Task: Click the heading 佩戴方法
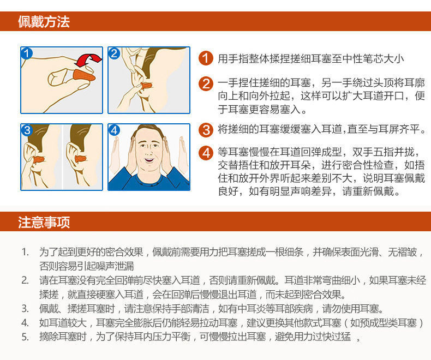tap(44, 21)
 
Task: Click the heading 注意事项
tap(44, 222)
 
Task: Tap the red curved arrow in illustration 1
tap(88, 60)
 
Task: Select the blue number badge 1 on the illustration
tap(27, 53)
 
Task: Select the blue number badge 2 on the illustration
tap(114, 53)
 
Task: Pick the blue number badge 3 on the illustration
tap(27, 130)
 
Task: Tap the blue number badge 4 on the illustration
tap(114, 130)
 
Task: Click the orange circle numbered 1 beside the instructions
tap(206, 58)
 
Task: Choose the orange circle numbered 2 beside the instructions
tap(206, 83)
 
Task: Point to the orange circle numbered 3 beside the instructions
tap(206, 130)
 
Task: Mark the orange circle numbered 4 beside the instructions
tap(206, 153)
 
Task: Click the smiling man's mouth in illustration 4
tap(149, 160)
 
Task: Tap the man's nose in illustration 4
tap(149, 152)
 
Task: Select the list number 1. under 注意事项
tap(25, 252)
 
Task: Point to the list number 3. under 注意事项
tap(25, 309)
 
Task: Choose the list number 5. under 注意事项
tap(25, 337)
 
